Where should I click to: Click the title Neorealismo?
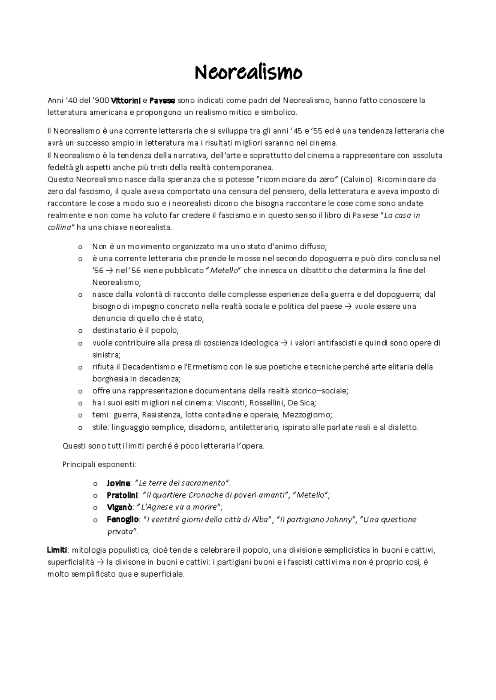[248, 73]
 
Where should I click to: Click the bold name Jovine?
[119, 483]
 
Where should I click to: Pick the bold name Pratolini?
[122, 495]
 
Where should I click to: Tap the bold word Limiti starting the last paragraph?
[57, 550]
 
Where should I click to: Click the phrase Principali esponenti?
[99, 464]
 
